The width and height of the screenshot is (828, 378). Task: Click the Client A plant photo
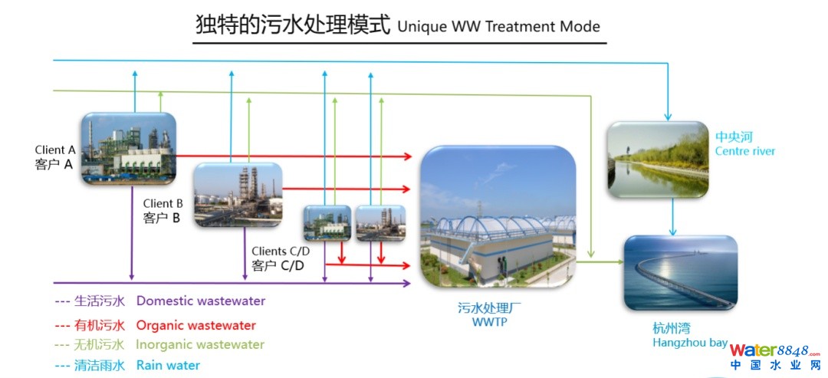point(128,150)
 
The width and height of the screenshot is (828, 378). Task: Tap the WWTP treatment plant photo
point(498,216)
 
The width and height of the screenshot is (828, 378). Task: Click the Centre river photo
point(658,160)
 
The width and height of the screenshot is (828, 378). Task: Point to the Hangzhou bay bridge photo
point(680,272)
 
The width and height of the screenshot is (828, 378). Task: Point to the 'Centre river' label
point(744,151)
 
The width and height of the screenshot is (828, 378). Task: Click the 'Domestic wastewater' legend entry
point(200,301)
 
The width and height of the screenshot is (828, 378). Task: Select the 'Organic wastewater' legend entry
point(195,325)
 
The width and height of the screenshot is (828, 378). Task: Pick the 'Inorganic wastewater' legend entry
point(199,345)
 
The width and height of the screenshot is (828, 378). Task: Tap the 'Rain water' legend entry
point(168,365)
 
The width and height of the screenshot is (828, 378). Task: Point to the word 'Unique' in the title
point(419,26)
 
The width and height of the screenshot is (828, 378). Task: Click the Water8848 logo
point(774,356)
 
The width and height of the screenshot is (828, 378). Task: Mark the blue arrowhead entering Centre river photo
point(668,117)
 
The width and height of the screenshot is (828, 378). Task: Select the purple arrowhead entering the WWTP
point(407,283)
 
